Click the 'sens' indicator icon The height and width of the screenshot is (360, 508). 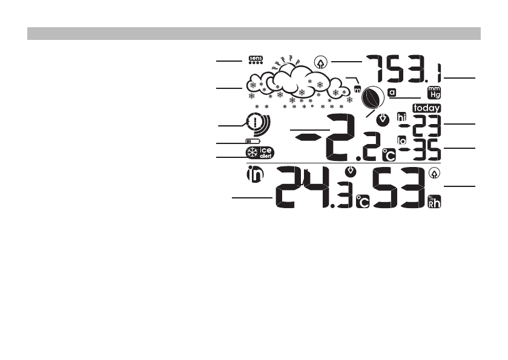257,59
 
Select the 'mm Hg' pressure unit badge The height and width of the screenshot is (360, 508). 434,92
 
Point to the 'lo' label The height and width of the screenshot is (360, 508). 402,140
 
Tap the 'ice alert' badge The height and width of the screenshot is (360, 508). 260,153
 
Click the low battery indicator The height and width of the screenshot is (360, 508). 251,142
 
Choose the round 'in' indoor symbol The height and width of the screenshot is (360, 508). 256,175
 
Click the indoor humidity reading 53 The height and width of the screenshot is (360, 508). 397,188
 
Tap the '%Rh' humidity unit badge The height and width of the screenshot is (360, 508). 435,201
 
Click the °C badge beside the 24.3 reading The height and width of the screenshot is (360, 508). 362,202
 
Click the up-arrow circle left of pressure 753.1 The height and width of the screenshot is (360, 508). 322,61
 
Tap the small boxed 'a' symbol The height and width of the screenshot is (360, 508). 392,93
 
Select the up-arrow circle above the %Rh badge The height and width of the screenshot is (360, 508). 434,174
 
